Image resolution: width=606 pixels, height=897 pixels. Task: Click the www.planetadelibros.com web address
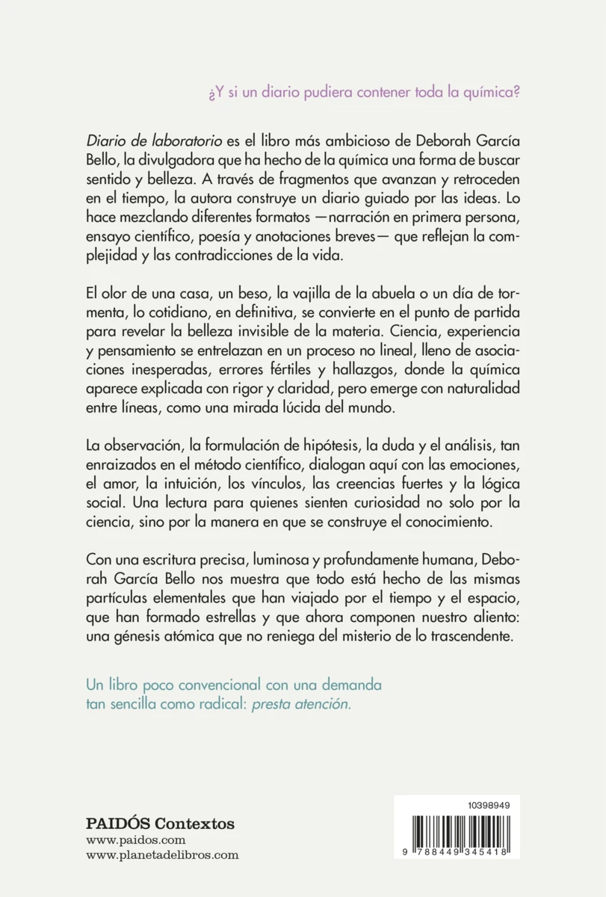(x=163, y=856)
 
